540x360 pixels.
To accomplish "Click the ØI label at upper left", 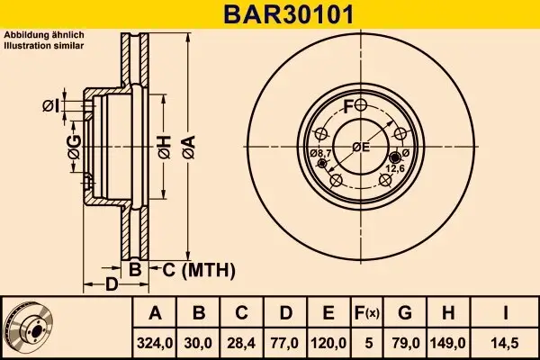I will [x=51, y=106].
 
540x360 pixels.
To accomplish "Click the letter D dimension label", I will [x=111, y=285].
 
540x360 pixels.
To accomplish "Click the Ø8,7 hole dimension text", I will [x=321, y=155].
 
